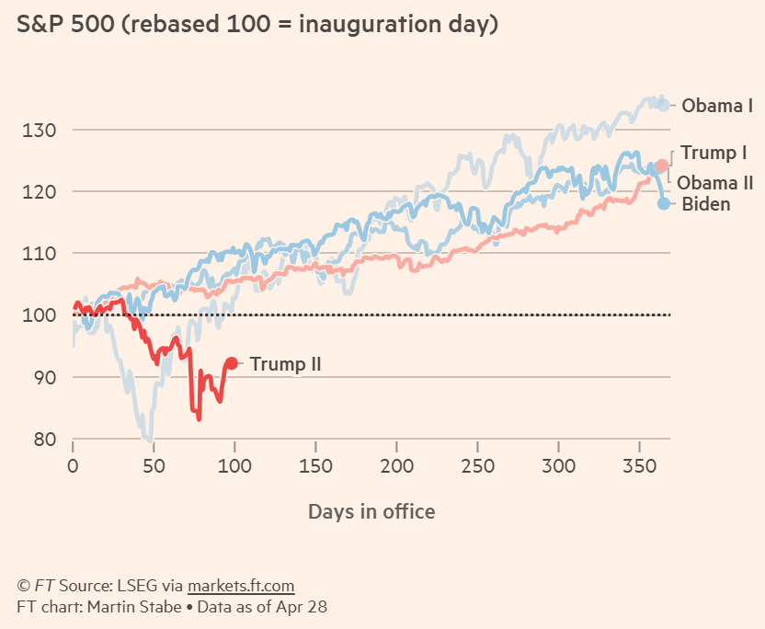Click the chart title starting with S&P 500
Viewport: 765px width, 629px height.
pyautogui.click(x=257, y=25)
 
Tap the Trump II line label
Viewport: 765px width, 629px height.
pyautogui.click(x=285, y=365)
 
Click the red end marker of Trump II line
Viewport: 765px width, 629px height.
pyautogui.click(x=232, y=364)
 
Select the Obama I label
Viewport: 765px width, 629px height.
pyautogui.click(x=717, y=106)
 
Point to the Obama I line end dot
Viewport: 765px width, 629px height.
pyautogui.click(x=664, y=105)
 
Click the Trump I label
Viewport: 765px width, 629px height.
pyautogui.click(x=714, y=153)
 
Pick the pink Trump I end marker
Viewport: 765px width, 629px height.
pyautogui.click(x=661, y=166)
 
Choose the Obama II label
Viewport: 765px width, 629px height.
pyautogui.click(x=715, y=183)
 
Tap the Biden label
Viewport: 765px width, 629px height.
pyautogui.click(x=706, y=204)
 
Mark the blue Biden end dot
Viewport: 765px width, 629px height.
pyautogui.click(x=665, y=203)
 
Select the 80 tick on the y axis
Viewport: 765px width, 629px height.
pyautogui.click(x=44, y=440)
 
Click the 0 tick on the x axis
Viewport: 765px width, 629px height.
pyautogui.click(x=73, y=466)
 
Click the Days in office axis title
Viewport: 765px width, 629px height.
pyautogui.click(x=371, y=511)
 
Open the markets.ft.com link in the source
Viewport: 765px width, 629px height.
pyautogui.click(x=241, y=586)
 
